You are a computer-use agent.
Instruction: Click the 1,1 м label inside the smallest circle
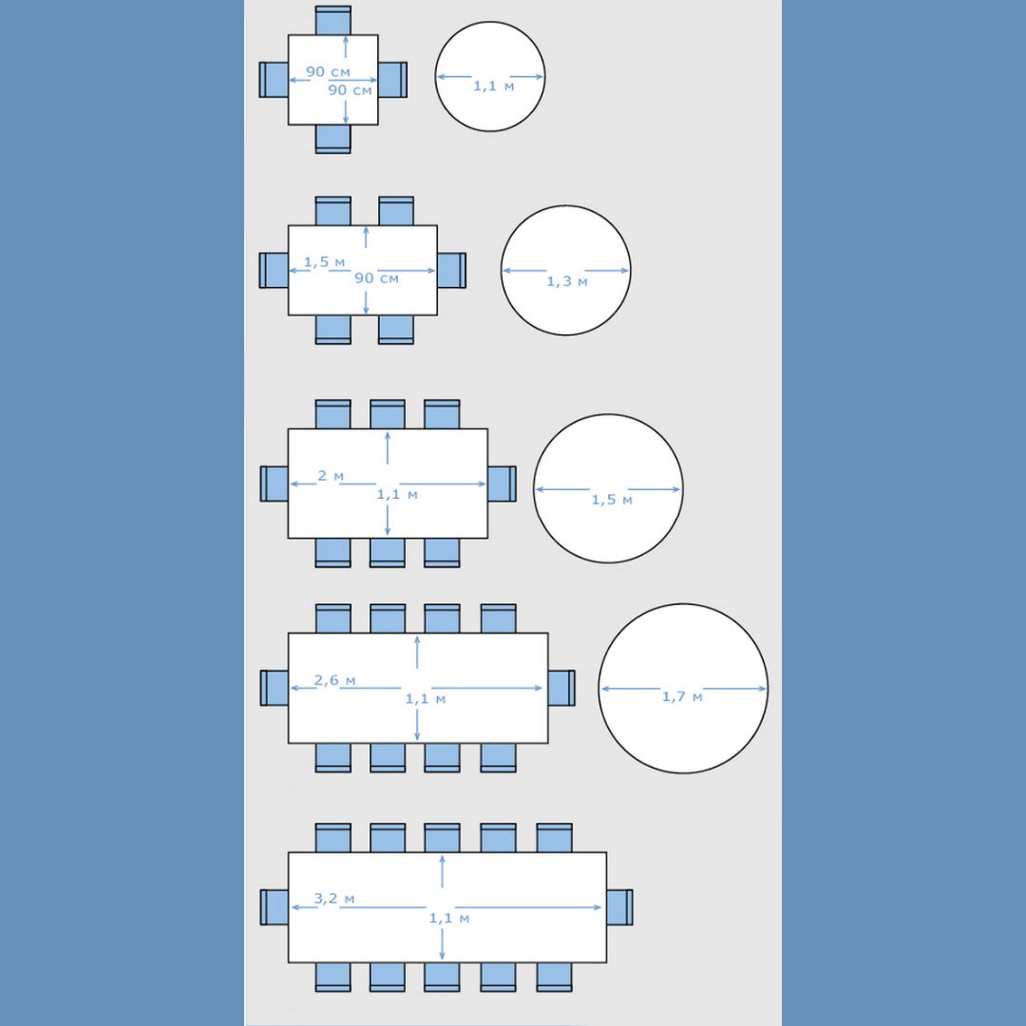tap(493, 85)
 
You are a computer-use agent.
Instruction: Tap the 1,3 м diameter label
tap(567, 281)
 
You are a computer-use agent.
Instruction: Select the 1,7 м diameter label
tap(682, 697)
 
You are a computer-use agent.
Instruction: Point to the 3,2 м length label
tap(334, 899)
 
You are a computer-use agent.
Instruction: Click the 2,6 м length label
tap(335, 680)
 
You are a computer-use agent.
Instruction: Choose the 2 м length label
tap(331, 476)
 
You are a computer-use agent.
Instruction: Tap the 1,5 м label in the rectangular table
tap(324, 262)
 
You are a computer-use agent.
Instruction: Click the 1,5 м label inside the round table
tap(612, 500)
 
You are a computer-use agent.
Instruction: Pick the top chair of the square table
tap(333, 20)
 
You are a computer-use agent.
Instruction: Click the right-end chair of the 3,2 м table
tap(619, 907)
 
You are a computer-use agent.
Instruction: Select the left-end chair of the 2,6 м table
tap(275, 688)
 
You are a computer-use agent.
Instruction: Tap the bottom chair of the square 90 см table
tap(333, 139)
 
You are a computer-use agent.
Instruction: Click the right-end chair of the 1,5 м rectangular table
tap(451, 270)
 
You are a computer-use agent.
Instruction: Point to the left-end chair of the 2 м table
tap(275, 484)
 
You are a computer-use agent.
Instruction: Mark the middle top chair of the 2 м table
tap(388, 414)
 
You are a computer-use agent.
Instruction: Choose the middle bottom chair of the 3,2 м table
tap(442, 977)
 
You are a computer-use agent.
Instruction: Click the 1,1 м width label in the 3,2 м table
tap(448, 918)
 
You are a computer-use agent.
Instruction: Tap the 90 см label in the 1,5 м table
tap(376, 278)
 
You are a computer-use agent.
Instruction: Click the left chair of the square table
tap(275, 80)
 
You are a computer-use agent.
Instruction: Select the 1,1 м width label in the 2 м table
tap(396, 495)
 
